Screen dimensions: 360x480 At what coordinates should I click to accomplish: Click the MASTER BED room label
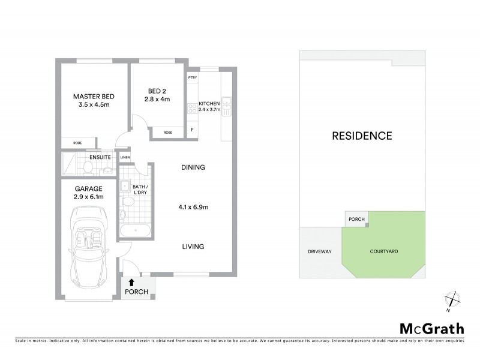(94, 97)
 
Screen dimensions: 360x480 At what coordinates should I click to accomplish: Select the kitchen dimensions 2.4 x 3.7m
(210, 110)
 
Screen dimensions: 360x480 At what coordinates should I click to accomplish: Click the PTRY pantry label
(193, 79)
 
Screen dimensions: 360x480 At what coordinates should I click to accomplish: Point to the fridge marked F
(192, 130)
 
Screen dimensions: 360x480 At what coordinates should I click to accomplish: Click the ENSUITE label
(99, 158)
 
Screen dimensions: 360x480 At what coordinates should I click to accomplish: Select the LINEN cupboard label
(125, 158)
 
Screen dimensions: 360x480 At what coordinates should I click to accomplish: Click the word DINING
(193, 167)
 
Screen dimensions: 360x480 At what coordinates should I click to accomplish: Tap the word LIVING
(193, 246)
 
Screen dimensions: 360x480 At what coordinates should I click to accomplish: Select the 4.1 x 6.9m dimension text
(193, 208)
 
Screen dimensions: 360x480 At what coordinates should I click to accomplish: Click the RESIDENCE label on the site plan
(362, 136)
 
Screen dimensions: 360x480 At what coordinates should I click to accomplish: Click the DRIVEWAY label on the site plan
(320, 252)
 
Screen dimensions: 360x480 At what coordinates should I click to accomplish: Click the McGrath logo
(431, 328)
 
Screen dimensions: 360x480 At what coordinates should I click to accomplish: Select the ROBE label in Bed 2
(168, 132)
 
